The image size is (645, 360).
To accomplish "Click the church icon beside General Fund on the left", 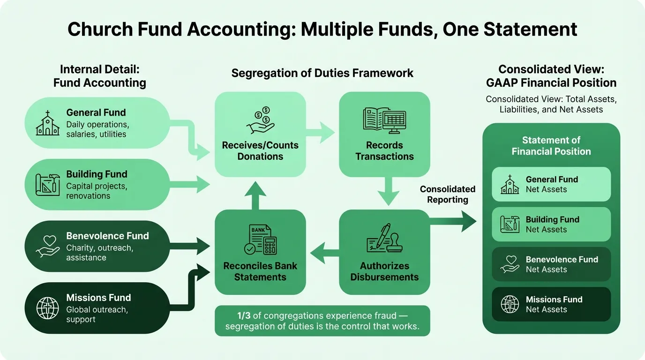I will point(48,123).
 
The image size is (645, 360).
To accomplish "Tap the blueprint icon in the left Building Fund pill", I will point(48,185).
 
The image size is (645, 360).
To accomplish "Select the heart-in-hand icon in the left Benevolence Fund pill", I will point(48,247).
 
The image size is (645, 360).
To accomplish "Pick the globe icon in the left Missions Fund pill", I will point(48,308).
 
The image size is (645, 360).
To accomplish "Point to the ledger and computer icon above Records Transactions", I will point(384,120).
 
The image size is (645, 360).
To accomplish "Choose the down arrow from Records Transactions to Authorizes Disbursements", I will point(385,191).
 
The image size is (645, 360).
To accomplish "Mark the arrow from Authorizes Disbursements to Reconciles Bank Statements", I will point(322,253).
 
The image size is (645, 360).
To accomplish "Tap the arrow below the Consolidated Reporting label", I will point(453,221).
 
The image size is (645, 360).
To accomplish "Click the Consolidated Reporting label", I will point(448,195).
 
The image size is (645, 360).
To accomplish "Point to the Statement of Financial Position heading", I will point(551,146).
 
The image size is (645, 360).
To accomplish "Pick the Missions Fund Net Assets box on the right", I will point(551,304).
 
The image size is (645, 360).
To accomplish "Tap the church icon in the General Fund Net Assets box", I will point(510,185).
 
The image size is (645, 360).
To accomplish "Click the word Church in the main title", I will point(98,30).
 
